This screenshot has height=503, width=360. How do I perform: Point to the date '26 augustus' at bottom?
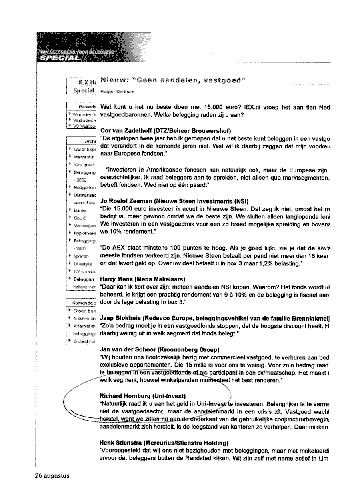(x=52, y=476)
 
